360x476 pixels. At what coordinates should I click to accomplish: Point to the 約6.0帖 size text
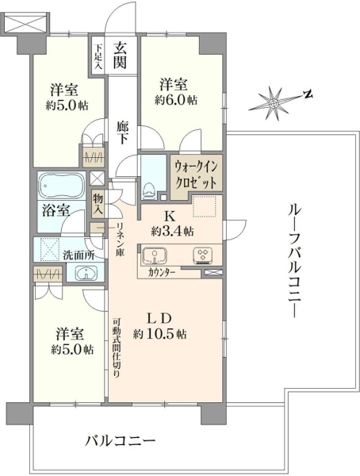[176, 100]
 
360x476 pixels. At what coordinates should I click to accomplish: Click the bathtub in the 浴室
[62, 186]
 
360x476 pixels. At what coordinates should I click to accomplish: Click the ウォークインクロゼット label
[197, 175]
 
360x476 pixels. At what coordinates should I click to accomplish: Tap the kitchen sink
[155, 255]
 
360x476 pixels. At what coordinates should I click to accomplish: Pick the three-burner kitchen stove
[203, 255]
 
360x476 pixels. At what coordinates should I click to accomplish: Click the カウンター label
[161, 272]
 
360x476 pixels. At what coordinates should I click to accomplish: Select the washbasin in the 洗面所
[86, 272]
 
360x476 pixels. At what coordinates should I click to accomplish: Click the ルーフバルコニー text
[294, 261]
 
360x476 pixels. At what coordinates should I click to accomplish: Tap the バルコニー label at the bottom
[121, 440]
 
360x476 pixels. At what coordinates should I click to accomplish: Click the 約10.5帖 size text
[159, 334]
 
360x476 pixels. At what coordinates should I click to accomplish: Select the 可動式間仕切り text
[117, 347]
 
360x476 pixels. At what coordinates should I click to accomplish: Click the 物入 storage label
[98, 204]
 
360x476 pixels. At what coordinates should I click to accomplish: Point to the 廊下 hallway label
[123, 133]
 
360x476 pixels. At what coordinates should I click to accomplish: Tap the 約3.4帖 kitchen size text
[173, 232]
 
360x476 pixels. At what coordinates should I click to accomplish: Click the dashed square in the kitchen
[205, 206]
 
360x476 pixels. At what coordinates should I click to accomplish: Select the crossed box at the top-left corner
[27, 22]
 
